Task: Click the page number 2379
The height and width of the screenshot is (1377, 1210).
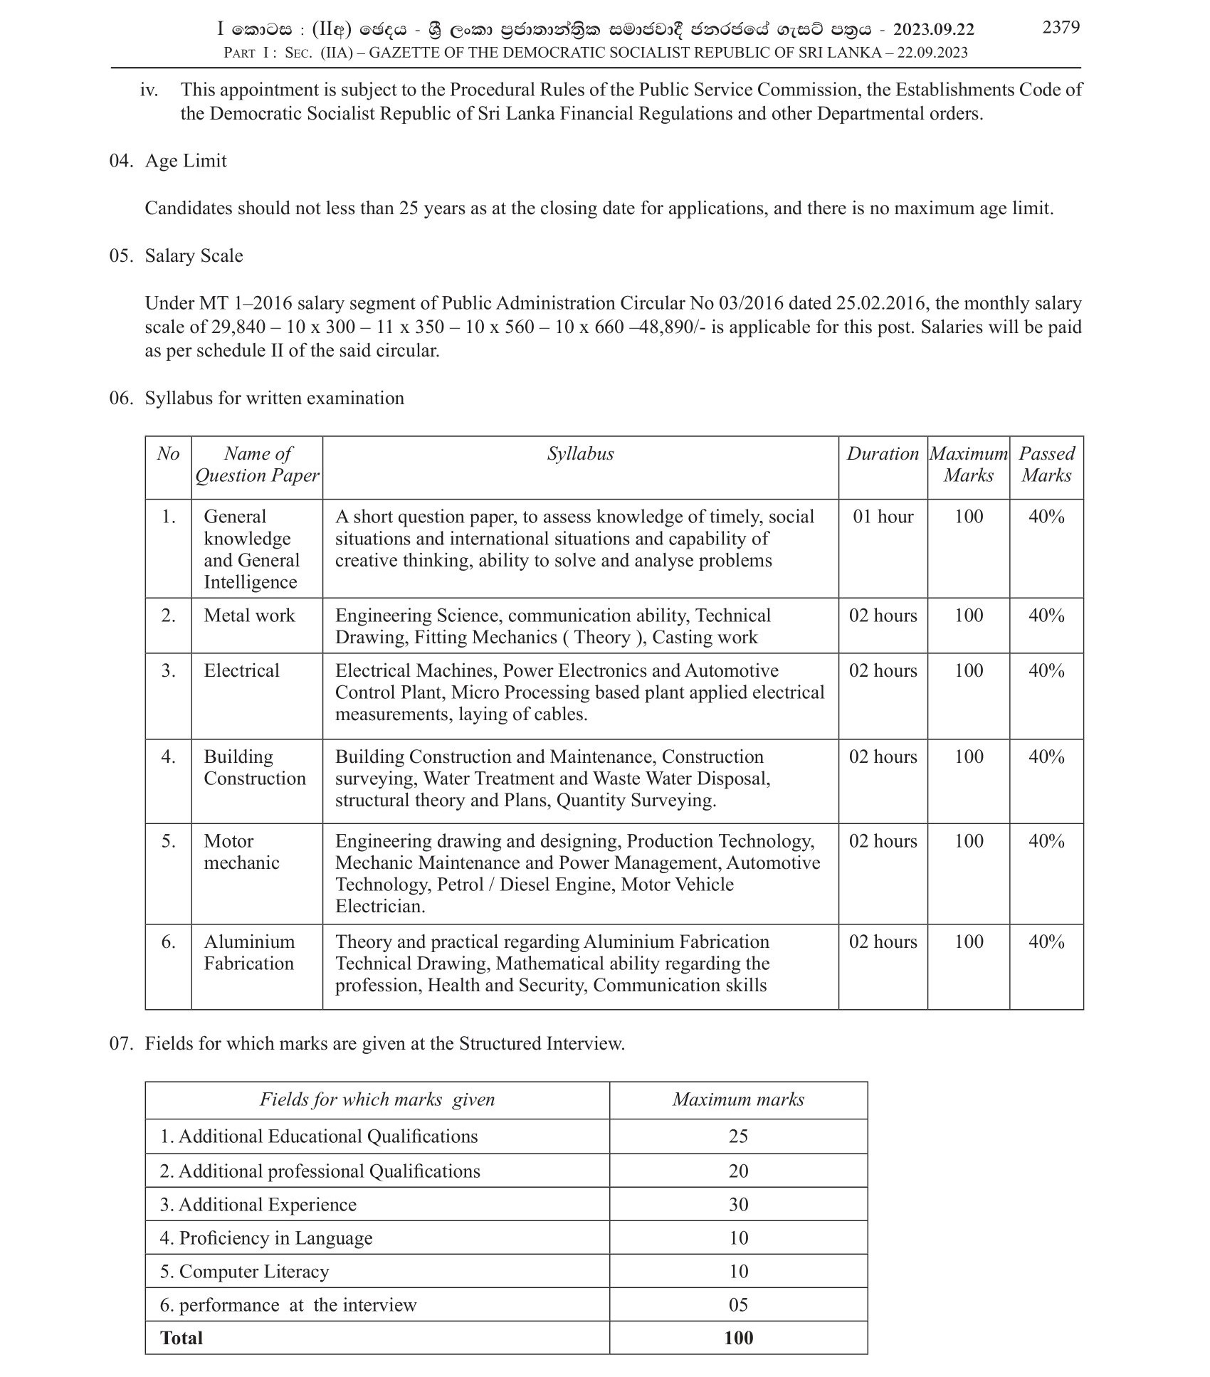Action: click(1061, 28)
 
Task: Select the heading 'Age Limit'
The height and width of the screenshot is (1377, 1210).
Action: click(186, 161)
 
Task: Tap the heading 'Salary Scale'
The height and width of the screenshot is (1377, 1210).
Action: click(194, 256)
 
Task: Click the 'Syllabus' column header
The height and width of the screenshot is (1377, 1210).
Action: click(580, 454)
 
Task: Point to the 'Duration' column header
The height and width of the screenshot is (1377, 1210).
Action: click(883, 454)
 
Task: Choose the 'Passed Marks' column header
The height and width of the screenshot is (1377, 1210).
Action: click(1046, 465)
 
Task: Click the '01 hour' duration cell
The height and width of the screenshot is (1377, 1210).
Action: click(883, 517)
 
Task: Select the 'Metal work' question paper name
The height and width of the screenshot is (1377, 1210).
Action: click(249, 616)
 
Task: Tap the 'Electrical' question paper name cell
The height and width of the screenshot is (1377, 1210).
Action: click(242, 670)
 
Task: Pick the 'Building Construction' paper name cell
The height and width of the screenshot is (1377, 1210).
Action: click(255, 767)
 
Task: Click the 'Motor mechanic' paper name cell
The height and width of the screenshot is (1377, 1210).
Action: click(242, 852)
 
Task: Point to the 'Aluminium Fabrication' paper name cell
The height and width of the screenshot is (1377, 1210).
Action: click(249, 952)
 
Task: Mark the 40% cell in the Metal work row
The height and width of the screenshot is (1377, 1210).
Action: click(1046, 616)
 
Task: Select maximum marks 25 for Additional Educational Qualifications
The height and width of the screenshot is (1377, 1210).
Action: click(738, 1136)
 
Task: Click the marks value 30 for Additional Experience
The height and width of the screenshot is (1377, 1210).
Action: click(738, 1205)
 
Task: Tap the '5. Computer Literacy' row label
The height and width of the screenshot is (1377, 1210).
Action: click(245, 1272)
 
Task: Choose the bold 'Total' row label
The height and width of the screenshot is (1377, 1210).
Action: click(182, 1339)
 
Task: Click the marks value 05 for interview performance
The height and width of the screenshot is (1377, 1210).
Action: click(738, 1305)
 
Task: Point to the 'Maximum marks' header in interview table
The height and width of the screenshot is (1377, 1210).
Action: click(738, 1100)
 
